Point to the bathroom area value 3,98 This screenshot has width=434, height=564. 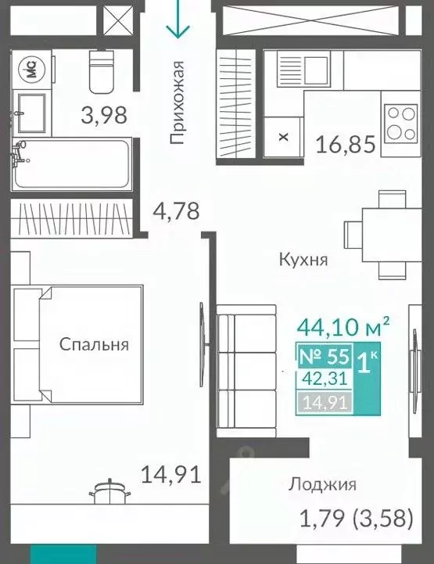(105, 117)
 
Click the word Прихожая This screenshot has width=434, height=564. (178, 102)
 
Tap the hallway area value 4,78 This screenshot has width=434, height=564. (178, 211)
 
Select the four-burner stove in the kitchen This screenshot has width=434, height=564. (401, 122)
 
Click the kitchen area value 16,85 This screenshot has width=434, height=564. (346, 144)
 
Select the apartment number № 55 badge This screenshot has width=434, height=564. (324, 357)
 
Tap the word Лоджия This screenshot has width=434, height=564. (321, 484)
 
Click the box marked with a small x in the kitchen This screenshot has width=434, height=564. (283, 136)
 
